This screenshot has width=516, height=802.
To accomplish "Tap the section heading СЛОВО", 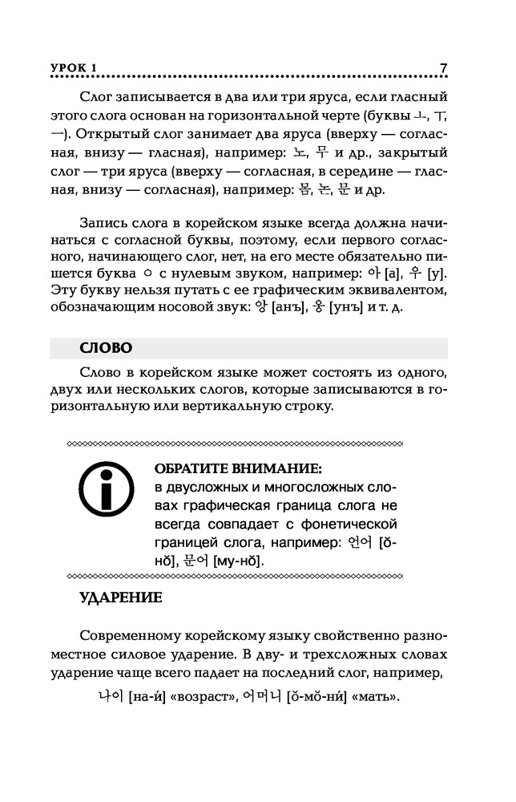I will (x=107, y=347).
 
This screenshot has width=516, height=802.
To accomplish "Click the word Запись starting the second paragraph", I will (x=103, y=225).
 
